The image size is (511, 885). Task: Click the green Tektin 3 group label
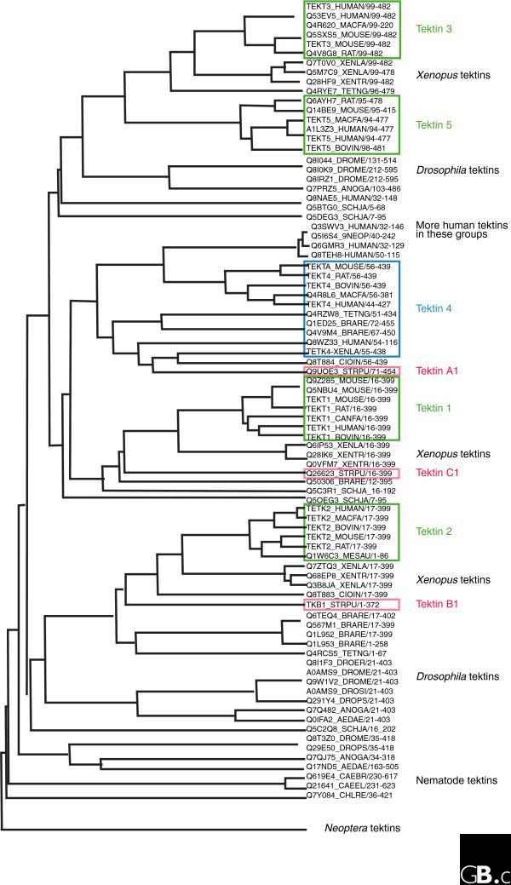tap(434, 29)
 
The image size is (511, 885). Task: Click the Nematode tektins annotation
tap(456, 780)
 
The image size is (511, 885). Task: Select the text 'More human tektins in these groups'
tap(460, 230)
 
